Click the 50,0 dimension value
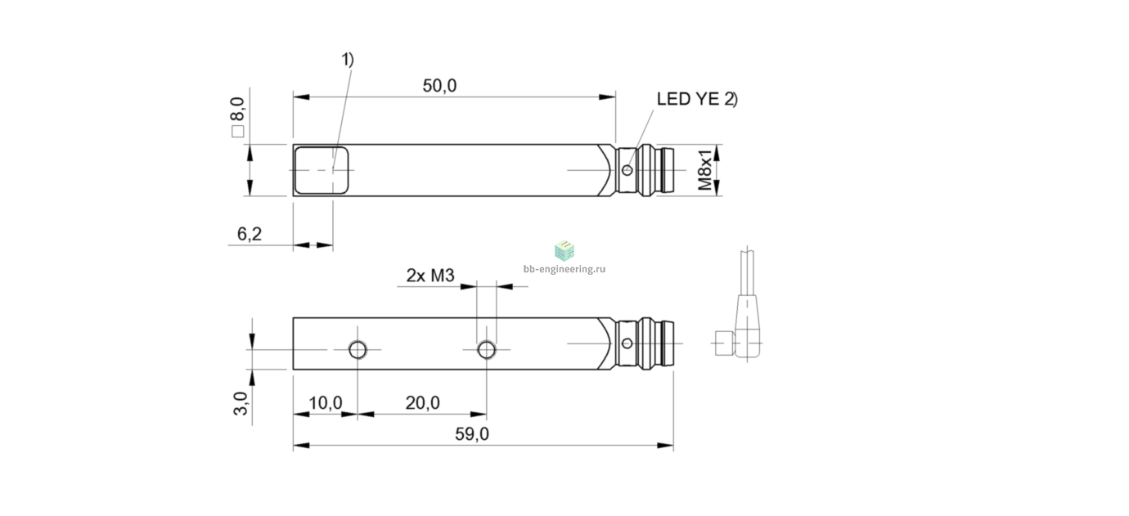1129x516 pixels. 439,86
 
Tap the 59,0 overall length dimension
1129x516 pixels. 472,434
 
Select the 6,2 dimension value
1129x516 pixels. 249,234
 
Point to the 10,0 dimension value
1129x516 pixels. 325,402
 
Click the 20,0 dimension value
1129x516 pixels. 422,402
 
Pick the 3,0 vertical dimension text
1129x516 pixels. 241,403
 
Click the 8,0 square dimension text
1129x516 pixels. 237,109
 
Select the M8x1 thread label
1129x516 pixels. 705,169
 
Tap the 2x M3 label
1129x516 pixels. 430,275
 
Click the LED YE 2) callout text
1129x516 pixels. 697,99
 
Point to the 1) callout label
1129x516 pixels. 348,60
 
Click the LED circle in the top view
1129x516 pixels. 627,170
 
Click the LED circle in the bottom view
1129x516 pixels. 627,343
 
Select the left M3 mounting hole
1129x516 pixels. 358,349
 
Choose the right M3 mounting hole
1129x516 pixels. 487,349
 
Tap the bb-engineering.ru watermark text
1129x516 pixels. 564,269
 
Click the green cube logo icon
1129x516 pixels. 564,250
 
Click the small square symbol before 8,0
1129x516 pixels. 237,132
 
